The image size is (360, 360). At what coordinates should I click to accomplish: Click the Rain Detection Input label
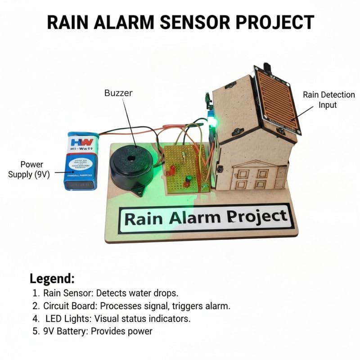point(328,99)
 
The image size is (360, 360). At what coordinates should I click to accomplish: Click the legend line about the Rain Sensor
point(105,293)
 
